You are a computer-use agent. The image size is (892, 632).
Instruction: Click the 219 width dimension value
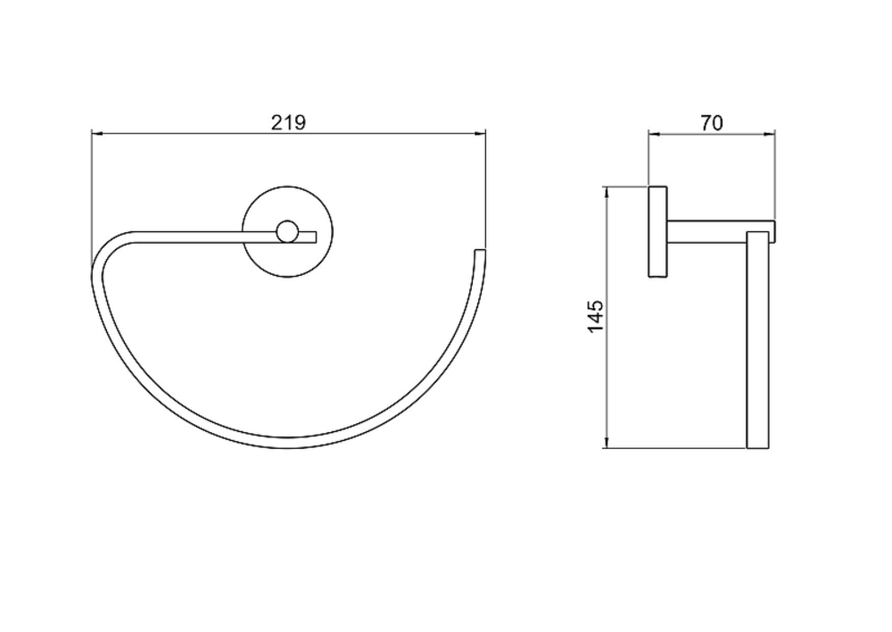coord(288,122)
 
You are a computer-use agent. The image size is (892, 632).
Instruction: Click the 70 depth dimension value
coord(712,122)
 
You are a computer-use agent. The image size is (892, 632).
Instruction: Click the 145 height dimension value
coord(595,317)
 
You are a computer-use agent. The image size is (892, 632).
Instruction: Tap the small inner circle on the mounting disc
coord(286,232)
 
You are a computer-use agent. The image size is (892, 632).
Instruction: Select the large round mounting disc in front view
coord(287,232)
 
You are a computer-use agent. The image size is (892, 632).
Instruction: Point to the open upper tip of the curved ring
coord(480,251)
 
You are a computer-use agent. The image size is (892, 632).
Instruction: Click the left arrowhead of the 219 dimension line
coord(96,134)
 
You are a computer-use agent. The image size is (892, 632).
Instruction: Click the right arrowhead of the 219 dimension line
coord(481,134)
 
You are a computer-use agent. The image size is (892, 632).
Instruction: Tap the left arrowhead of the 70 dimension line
coord(654,135)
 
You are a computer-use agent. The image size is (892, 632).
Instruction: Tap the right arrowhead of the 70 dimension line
coord(770,135)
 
